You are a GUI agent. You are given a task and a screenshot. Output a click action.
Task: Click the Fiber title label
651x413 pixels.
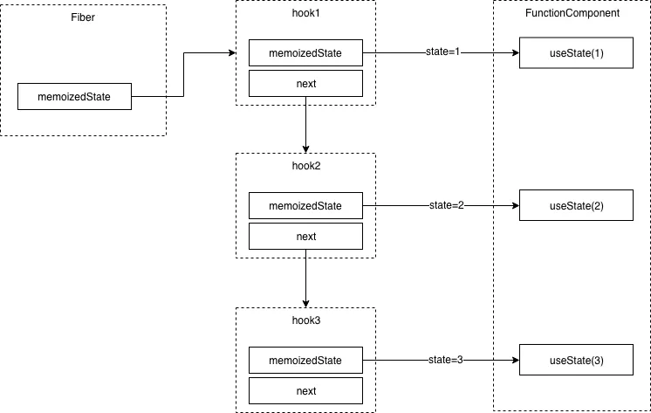83,17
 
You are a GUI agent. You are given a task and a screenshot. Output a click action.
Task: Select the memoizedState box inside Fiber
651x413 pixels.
74,96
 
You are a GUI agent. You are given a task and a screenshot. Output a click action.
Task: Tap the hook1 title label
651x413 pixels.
306,13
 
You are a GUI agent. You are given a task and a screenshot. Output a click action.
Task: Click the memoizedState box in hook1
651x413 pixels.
305,52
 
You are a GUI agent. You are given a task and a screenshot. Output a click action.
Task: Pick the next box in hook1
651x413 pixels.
305,84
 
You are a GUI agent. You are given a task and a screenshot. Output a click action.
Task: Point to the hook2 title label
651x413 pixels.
306,166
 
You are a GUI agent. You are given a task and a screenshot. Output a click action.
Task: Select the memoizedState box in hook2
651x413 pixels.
305,206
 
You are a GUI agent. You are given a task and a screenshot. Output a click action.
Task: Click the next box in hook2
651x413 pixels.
305,237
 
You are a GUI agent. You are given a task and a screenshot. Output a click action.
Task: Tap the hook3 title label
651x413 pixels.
306,320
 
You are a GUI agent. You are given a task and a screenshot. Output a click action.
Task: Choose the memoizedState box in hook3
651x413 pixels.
305,361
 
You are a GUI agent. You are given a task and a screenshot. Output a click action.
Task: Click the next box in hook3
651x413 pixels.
305,391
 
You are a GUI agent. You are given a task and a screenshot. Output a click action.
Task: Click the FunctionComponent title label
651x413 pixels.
572,13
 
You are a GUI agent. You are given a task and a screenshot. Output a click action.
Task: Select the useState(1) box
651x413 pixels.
576,52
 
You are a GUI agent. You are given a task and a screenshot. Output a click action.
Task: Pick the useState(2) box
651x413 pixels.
576,205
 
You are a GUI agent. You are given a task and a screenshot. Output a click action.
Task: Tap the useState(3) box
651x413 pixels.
576,360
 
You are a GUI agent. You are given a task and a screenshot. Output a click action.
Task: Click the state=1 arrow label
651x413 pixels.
443,52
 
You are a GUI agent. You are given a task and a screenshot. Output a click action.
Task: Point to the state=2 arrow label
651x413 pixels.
447,205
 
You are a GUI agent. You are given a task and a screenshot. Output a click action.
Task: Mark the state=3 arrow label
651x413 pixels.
445,360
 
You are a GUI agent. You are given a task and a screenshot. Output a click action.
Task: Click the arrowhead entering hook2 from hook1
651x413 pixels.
305,149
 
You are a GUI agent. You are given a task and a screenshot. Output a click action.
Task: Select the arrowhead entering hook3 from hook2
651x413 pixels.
305,304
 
